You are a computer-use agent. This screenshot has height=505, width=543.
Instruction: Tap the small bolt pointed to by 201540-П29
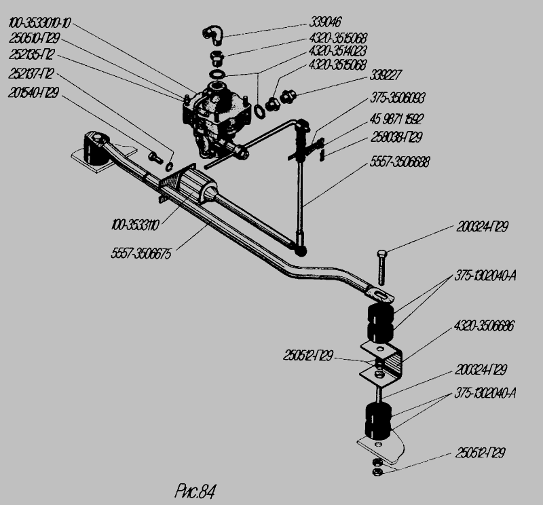pyautogui.click(x=154, y=157)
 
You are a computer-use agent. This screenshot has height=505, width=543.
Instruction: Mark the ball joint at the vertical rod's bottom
pyautogui.click(x=299, y=241)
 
